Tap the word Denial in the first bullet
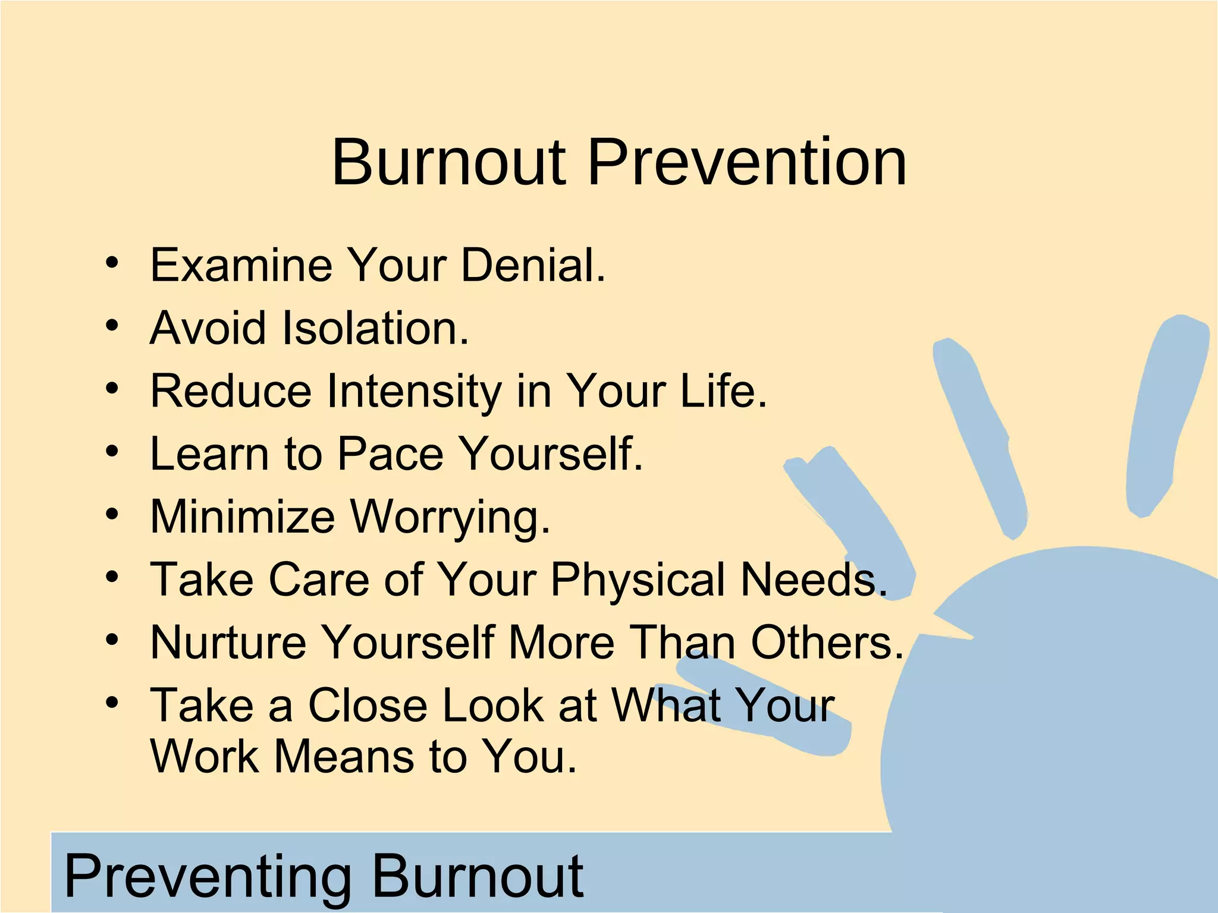click(x=532, y=265)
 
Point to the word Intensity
click(x=415, y=391)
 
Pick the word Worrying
click(x=450, y=517)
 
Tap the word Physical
click(x=638, y=580)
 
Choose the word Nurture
click(x=228, y=643)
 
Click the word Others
click(x=827, y=643)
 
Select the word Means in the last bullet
click(x=344, y=757)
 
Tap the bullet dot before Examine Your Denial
click(x=112, y=263)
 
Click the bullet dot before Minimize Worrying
click(x=112, y=515)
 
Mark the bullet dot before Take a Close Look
click(x=112, y=704)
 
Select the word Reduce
click(x=231, y=391)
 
